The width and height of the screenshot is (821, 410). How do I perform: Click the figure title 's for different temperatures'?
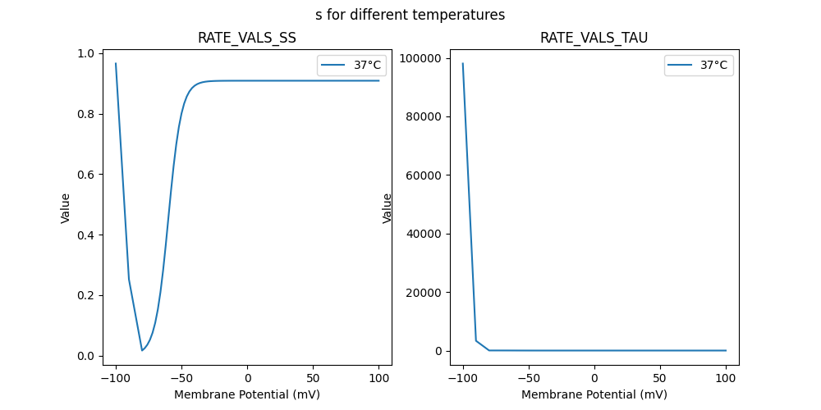410,15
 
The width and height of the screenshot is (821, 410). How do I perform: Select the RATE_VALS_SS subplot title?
246,38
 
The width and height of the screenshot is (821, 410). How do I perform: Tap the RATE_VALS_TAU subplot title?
594,38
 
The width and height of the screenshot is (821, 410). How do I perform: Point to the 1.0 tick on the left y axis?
86,53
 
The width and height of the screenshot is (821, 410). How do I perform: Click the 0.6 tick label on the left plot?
86,175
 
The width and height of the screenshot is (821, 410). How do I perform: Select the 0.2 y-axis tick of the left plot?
86,295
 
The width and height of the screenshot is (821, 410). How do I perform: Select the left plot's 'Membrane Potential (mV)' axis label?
246,394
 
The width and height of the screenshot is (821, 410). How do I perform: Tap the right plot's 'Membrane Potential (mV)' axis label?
594,394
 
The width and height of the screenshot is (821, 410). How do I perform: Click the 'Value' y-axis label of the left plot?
66,208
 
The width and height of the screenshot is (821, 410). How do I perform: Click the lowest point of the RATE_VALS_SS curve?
142,351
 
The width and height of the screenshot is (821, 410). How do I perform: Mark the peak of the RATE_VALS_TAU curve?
463,63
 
